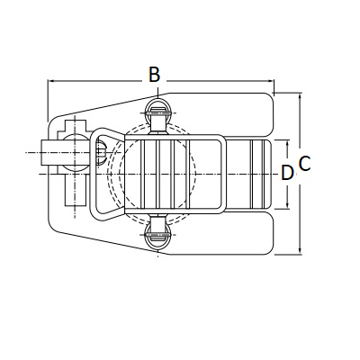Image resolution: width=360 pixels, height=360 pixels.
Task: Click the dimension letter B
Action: click(155, 75)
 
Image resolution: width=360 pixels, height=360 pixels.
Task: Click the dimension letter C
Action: click(304, 164)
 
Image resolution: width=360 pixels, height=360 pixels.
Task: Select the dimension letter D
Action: click(287, 173)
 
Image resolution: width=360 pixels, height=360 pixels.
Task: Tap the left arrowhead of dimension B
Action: click(51, 81)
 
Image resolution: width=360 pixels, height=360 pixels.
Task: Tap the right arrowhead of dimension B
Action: click(271, 81)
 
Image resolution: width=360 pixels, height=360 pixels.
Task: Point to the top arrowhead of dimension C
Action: click(300, 96)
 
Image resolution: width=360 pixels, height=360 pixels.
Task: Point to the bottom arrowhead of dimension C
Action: click(300, 251)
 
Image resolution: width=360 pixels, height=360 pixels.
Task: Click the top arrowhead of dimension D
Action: click(288, 143)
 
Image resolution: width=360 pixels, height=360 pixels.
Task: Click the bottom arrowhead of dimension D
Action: click(288, 205)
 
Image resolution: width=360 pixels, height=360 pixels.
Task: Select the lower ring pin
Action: click(158, 237)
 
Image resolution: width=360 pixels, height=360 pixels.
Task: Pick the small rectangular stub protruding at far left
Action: click(48, 153)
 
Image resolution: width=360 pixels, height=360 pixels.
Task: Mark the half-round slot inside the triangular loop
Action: click(102, 153)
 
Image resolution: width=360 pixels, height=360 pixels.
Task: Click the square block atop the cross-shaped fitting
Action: click(75, 127)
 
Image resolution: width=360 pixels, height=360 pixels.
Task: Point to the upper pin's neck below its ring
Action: click(158, 123)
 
